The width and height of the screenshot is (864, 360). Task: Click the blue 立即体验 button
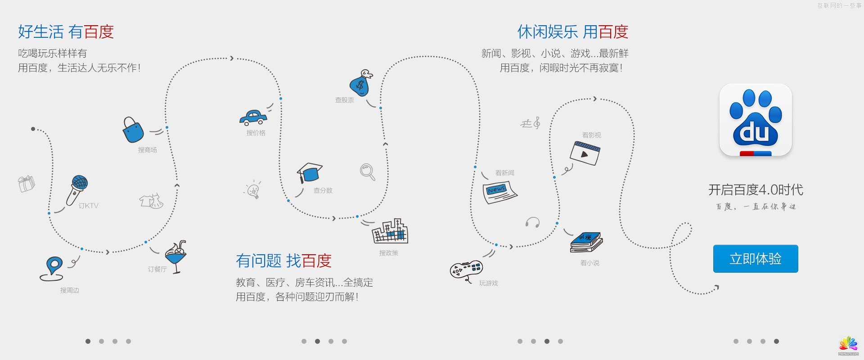(x=756, y=259)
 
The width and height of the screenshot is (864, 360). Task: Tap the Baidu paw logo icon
(x=756, y=120)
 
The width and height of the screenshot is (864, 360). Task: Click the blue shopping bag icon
(x=133, y=130)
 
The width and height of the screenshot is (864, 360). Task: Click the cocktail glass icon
(x=176, y=256)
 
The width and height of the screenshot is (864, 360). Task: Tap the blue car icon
(x=253, y=118)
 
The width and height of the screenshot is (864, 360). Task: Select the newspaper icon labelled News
(x=499, y=192)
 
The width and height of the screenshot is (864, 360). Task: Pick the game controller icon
(x=466, y=270)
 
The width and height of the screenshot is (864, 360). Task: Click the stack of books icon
(x=586, y=242)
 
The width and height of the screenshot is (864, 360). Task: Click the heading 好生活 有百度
(x=66, y=32)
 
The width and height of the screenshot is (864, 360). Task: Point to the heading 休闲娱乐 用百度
(x=572, y=32)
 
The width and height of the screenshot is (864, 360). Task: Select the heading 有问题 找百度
(x=283, y=261)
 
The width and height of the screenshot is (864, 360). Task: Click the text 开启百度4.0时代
(x=756, y=190)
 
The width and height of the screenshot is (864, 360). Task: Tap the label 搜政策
(x=388, y=253)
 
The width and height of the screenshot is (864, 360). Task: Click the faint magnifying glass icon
(x=367, y=171)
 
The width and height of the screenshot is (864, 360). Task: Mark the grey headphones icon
(x=532, y=222)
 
